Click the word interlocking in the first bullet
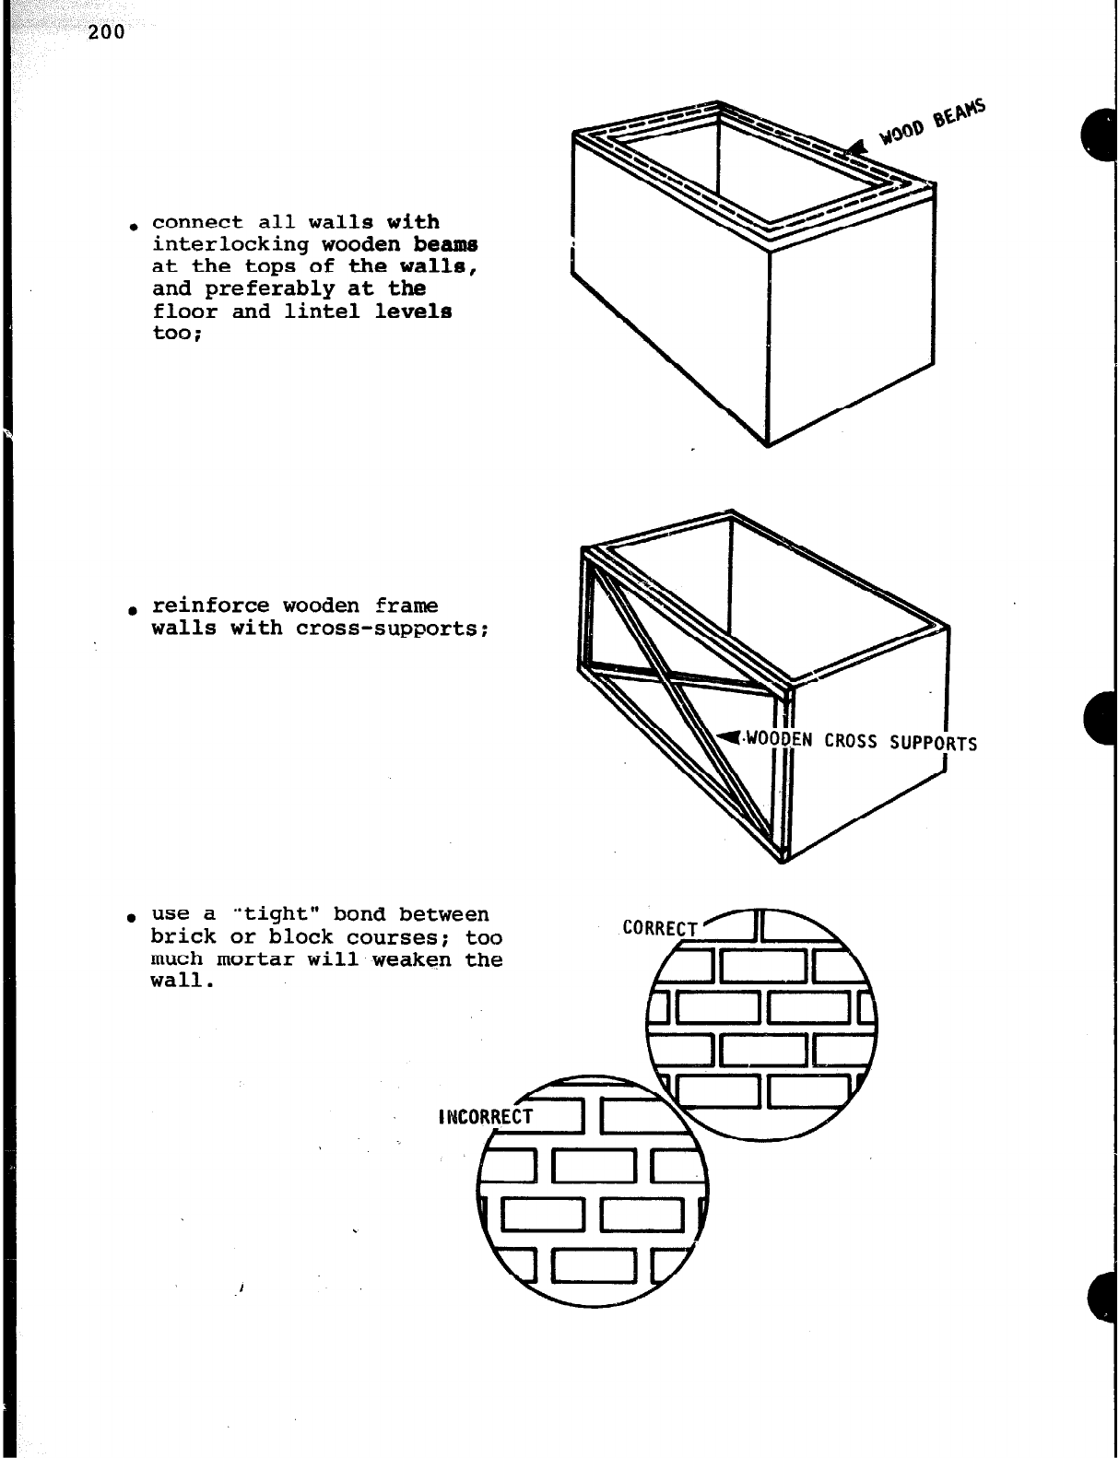(230, 244)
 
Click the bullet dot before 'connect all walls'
(135, 226)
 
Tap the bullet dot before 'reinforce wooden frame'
(135, 609)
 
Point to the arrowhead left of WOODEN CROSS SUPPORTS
(729, 736)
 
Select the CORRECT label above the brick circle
(660, 927)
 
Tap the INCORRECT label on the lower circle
(486, 1118)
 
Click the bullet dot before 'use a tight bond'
(135, 918)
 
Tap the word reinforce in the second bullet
(210, 606)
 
